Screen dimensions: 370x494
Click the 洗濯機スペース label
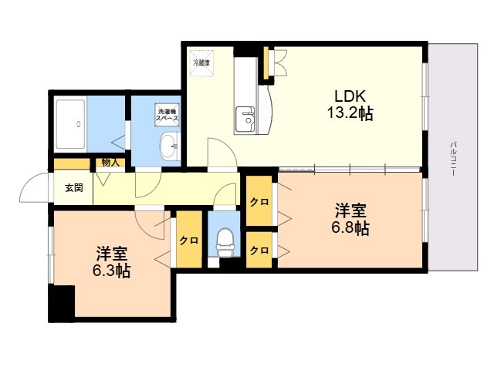168,114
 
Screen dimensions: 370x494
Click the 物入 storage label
110,163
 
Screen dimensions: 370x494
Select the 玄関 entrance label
74,187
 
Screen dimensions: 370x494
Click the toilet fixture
225,241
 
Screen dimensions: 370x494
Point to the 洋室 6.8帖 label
351,219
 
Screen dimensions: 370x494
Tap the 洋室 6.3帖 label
113,262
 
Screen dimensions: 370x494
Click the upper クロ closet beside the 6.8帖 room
259,202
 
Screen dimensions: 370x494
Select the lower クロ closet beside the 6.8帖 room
259,251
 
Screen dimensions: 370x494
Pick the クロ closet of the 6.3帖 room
188,240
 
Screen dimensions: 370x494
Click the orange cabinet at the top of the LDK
268,63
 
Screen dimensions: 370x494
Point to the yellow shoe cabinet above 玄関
72,163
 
